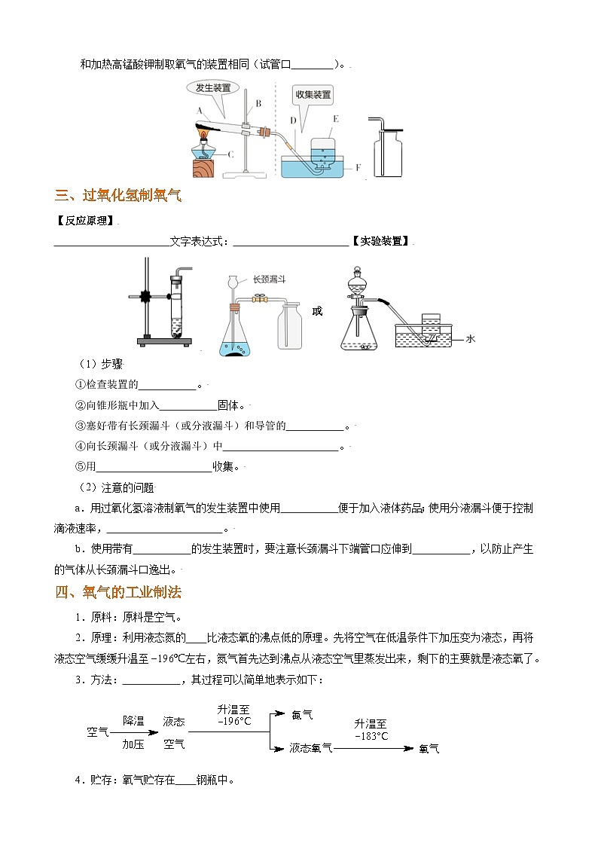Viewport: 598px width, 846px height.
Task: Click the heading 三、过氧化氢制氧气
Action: tap(118, 197)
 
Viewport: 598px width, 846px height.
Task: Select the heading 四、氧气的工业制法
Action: tap(118, 593)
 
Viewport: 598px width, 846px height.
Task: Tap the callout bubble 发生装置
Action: tap(213, 88)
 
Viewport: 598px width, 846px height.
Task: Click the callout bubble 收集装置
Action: tap(313, 95)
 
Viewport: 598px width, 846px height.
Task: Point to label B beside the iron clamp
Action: tap(258, 103)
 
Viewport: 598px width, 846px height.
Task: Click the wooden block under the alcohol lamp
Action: tap(203, 168)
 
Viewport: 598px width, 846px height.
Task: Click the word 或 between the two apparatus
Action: tap(317, 310)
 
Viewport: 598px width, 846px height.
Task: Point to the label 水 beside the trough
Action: tap(471, 339)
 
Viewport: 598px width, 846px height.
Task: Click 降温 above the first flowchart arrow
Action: tap(133, 721)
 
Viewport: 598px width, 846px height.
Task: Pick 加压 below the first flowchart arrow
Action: tap(133, 744)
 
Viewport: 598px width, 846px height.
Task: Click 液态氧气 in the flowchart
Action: tap(310, 748)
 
